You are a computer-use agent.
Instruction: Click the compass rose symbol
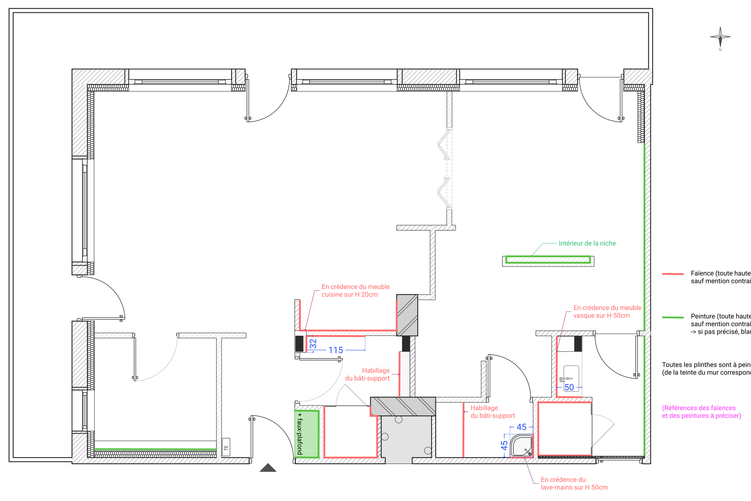(720, 37)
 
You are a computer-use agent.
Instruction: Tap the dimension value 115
(336, 350)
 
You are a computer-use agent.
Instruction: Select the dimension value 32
(313, 343)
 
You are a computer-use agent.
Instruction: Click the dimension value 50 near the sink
(569, 387)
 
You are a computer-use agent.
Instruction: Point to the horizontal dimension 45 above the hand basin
(521, 427)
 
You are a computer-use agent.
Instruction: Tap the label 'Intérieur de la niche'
(587, 243)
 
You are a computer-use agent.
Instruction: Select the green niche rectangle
(548, 260)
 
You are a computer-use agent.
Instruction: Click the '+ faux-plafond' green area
(307, 434)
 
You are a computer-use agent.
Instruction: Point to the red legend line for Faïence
(673, 274)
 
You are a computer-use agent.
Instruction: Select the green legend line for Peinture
(673, 317)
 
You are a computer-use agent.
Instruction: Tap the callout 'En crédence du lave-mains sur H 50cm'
(574, 484)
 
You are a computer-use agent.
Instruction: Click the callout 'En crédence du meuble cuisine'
(355, 290)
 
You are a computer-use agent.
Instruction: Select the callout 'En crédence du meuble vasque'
(607, 312)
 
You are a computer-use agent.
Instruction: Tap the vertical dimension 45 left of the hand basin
(504, 445)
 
